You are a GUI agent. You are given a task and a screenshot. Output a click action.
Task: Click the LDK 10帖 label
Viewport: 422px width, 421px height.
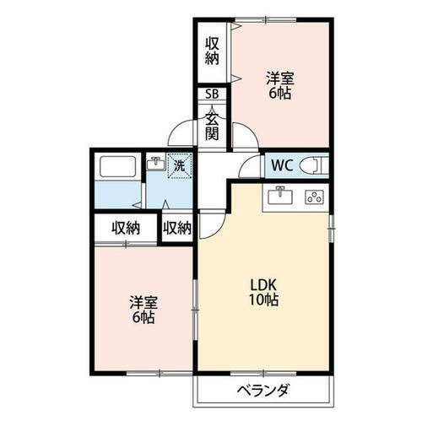264,291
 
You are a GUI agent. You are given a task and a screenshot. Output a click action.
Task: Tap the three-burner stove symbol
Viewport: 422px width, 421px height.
314,197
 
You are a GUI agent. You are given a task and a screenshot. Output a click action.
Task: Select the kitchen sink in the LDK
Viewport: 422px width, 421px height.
279,197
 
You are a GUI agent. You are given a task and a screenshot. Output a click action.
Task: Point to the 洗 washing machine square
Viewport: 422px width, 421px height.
179,165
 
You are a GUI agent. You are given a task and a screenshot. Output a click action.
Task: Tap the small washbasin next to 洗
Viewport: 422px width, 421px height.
155,164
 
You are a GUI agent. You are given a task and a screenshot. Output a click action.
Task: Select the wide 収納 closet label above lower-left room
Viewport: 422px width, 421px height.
126,227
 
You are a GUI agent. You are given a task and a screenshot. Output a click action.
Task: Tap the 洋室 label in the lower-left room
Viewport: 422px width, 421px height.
141,302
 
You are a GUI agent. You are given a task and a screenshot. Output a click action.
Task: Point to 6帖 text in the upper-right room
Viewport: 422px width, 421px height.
279,94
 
